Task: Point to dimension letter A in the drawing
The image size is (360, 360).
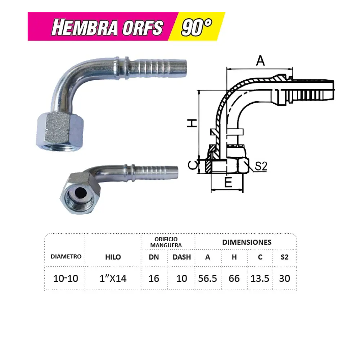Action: tap(260, 60)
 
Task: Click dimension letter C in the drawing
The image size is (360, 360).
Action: tap(193, 165)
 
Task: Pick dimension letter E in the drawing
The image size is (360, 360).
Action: tap(228, 183)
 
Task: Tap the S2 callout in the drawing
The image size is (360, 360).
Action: tap(261, 166)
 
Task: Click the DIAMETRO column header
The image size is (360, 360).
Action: tap(66, 257)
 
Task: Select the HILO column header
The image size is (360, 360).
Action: tap(113, 257)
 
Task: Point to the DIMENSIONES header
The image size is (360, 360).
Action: tap(247, 242)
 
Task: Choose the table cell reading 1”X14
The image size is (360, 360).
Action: tap(113, 278)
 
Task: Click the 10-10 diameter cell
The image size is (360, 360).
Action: tap(66, 278)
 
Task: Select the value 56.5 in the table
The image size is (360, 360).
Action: tap(207, 278)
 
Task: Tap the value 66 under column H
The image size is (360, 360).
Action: tap(234, 278)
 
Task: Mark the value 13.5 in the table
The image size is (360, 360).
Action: tap(260, 278)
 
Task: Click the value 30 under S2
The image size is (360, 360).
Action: tap(284, 278)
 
